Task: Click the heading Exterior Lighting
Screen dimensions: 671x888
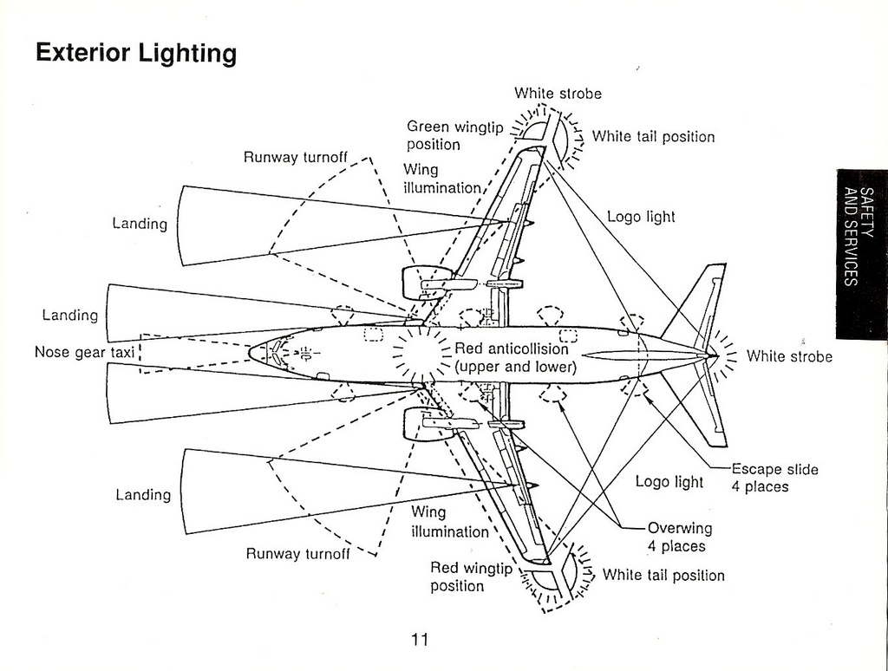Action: (135, 54)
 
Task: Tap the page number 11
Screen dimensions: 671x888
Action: (420, 640)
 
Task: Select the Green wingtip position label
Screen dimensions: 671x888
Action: (454, 135)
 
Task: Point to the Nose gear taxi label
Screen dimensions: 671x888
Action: (84, 352)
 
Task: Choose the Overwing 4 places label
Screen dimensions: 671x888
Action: (679, 537)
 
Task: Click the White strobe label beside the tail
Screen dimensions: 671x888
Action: (788, 356)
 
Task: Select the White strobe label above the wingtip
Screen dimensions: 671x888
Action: (558, 94)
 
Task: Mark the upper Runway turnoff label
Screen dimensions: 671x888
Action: (295, 158)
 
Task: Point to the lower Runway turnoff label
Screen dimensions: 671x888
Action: (297, 553)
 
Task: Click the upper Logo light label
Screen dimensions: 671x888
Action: (641, 217)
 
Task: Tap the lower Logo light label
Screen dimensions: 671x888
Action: (669, 481)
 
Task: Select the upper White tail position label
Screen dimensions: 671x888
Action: (653, 137)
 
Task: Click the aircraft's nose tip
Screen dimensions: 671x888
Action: (251, 353)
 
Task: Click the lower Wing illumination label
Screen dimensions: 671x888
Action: (449, 522)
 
